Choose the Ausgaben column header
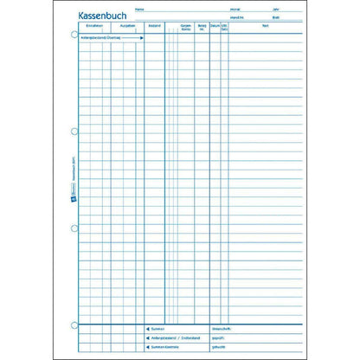coord(127,28)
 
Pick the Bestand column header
coord(154,28)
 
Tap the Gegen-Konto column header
coord(184,29)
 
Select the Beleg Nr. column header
coord(202,29)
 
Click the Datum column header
coord(215,28)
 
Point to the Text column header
coord(266,28)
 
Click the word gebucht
coord(241,347)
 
